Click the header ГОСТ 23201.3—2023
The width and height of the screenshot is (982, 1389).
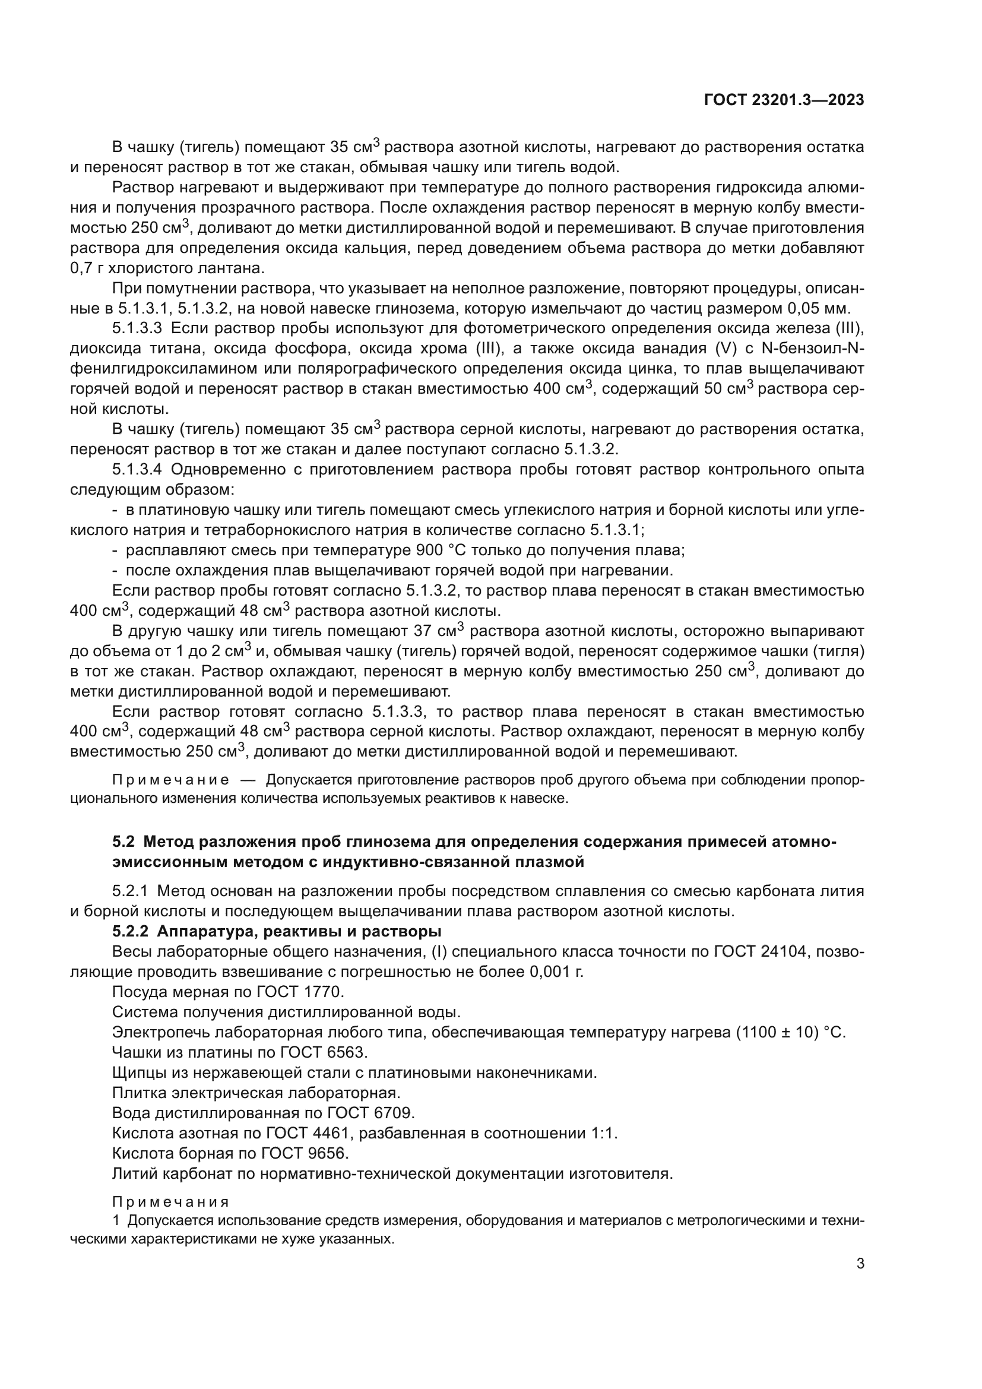tap(784, 100)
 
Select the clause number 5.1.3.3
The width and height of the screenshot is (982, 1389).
tap(137, 328)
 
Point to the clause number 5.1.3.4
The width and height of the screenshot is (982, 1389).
tap(137, 470)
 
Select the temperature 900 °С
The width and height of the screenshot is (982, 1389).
tap(444, 550)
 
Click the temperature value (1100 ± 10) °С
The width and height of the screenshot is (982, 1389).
tap(789, 1032)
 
